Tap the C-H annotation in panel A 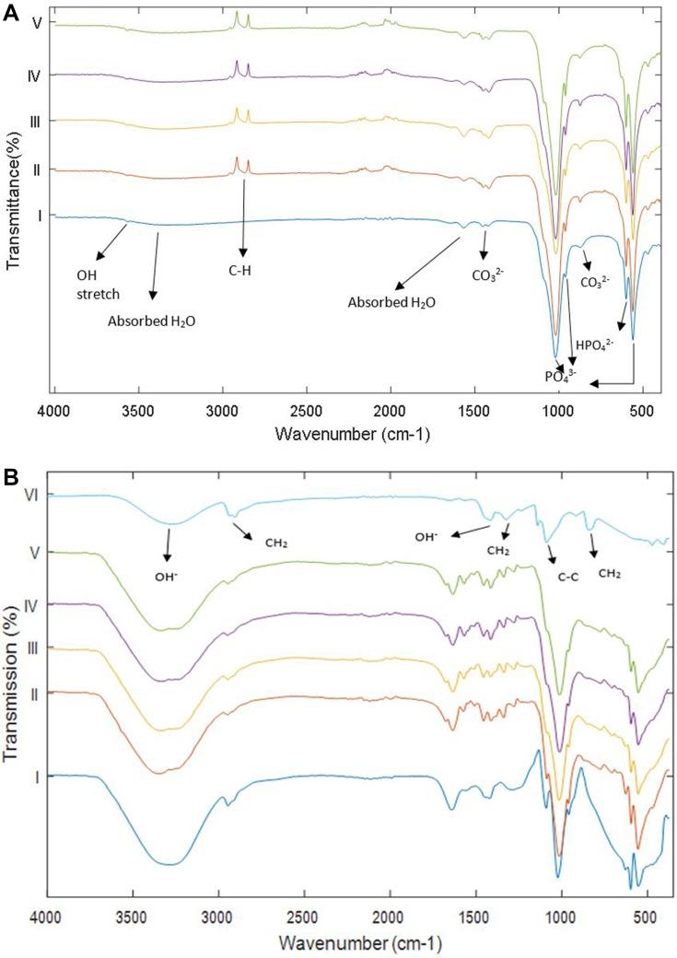pyautogui.click(x=242, y=270)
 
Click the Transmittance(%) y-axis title pyautogui.click(x=13, y=199)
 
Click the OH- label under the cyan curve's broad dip pyautogui.click(x=167, y=580)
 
